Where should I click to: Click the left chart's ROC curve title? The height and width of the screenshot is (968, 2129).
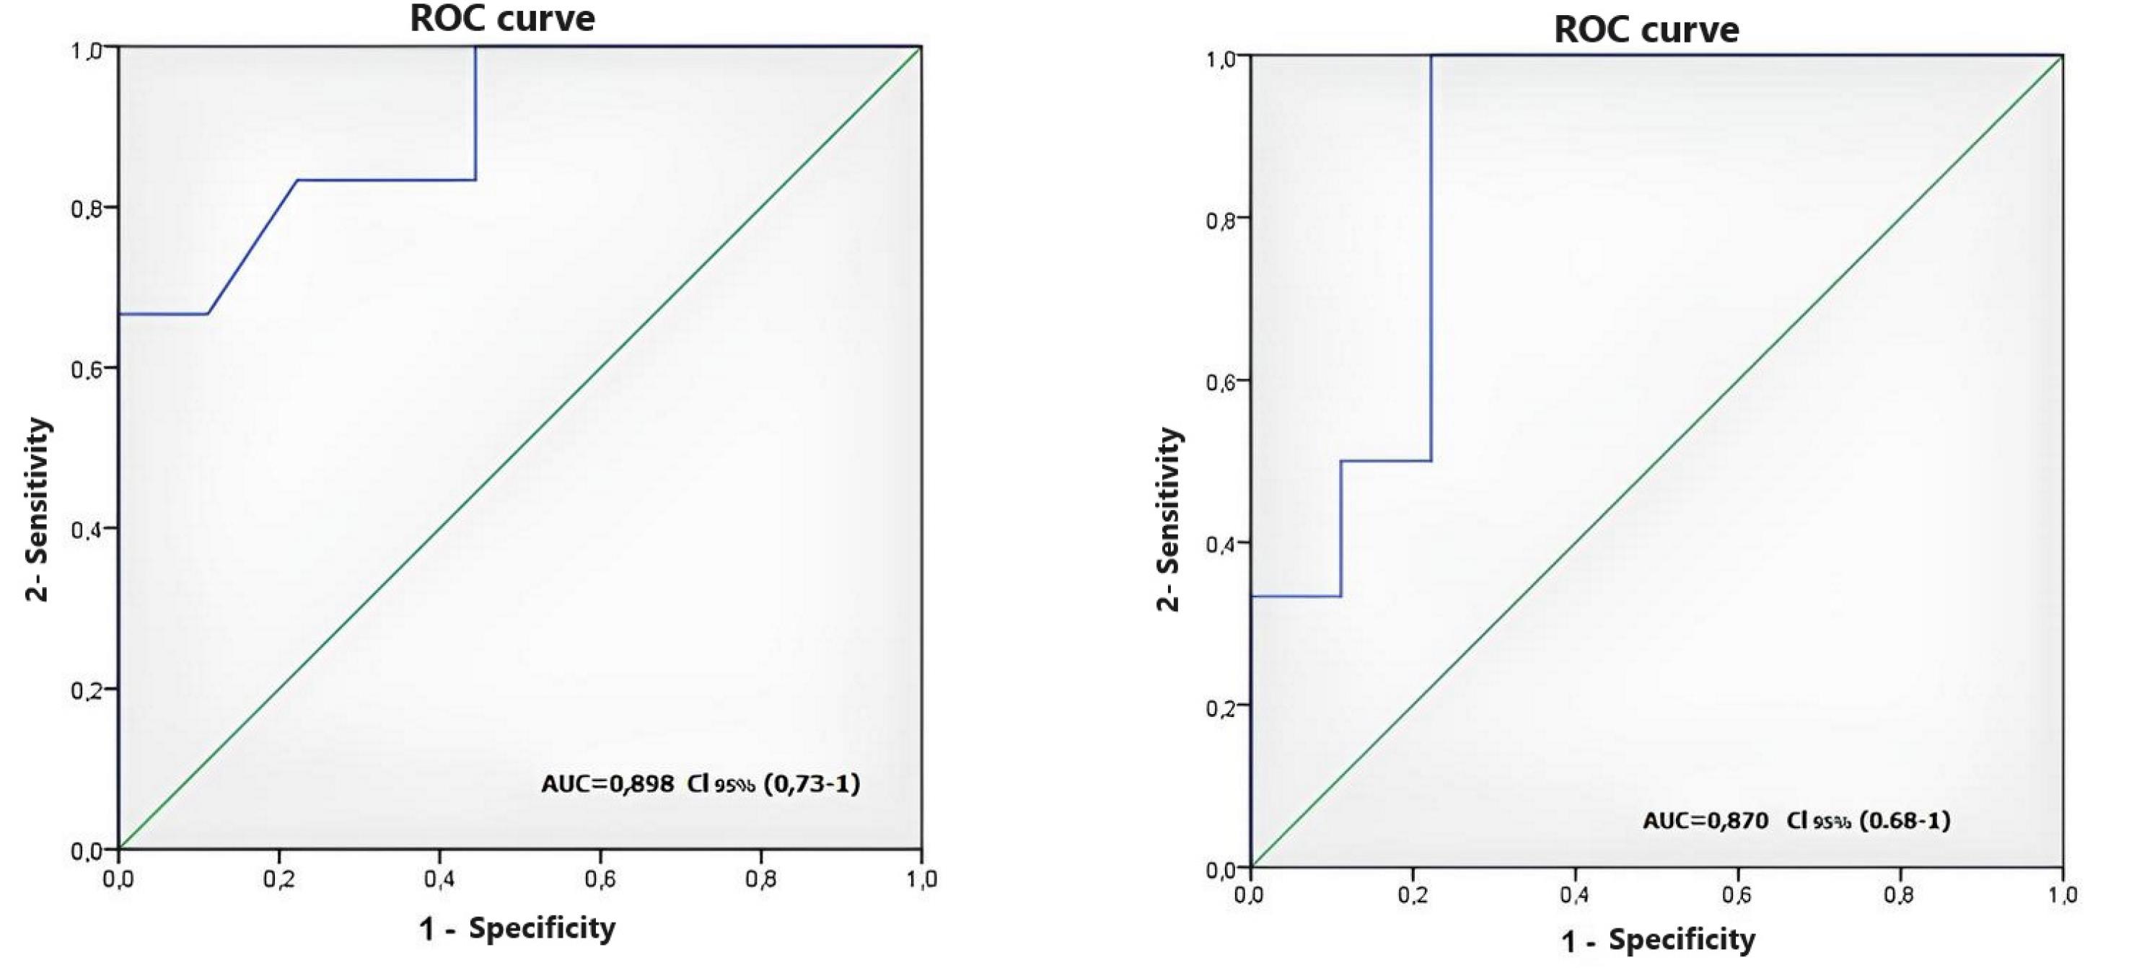[x=503, y=18]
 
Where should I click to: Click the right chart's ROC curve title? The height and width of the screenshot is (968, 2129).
[x=1646, y=30]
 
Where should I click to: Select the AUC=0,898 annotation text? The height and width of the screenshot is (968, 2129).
[x=607, y=783]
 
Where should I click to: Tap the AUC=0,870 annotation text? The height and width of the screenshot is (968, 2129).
[x=1705, y=820]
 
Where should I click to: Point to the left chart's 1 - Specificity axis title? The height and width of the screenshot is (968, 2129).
[x=517, y=928]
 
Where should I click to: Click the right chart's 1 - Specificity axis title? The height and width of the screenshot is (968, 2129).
[x=1657, y=940]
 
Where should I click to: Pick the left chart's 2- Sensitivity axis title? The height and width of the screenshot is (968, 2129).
[x=38, y=510]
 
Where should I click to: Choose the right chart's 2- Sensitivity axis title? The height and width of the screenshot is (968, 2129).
[x=1168, y=519]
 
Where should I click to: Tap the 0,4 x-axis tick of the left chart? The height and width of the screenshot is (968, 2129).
[x=438, y=879]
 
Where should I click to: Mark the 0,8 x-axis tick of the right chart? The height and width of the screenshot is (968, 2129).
[x=1900, y=895]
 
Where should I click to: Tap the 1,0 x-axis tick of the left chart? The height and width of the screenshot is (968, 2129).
[x=921, y=879]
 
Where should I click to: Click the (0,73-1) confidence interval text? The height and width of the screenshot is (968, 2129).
[x=812, y=783]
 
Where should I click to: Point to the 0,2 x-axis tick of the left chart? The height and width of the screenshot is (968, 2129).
[x=278, y=879]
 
